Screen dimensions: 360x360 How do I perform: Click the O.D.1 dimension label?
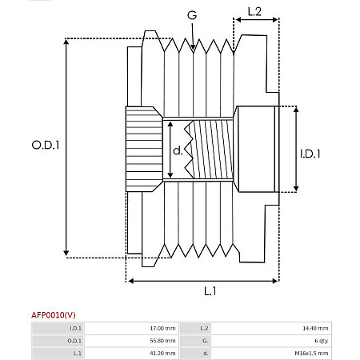46,145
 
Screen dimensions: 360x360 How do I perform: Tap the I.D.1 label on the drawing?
310,154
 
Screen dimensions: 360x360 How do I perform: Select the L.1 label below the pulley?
210,290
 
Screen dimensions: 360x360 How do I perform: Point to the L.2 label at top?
254,12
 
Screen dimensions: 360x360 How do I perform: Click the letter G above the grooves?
192,16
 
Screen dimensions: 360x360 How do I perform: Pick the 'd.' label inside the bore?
178,150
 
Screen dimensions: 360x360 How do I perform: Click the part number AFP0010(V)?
54,314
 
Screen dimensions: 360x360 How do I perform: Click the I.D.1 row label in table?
75,328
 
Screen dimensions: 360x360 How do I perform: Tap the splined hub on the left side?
142,149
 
